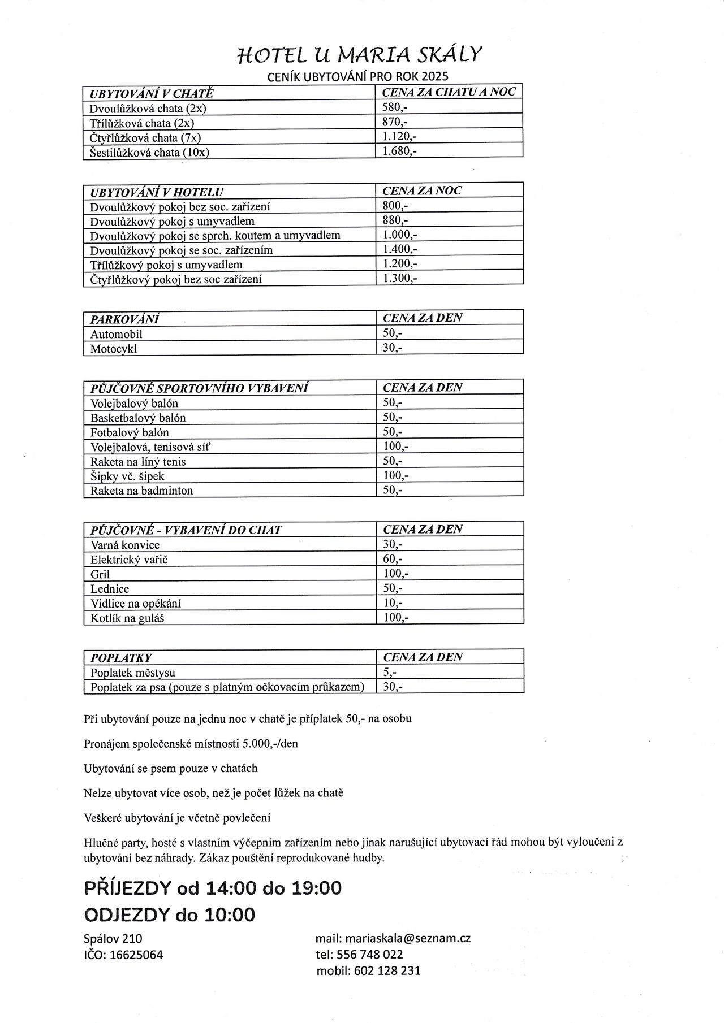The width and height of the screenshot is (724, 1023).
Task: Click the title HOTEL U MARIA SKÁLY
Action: pos(360,55)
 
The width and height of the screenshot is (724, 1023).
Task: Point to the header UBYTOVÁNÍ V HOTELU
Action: pos(157,192)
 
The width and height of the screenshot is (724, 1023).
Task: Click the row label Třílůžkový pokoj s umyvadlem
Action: pos(166,265)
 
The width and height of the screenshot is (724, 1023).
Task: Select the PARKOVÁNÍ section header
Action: pos(124,319)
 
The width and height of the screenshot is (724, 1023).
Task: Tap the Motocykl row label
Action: pos(114,349)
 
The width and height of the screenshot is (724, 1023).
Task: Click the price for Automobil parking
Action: pos(393,333)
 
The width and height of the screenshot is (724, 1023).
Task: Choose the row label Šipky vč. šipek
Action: pos(127,476)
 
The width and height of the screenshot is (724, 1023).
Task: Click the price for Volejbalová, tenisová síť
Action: pos(396,447)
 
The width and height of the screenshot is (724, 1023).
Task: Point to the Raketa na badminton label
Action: pos(141,491)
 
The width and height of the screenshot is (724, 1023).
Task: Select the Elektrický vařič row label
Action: pos(129,560)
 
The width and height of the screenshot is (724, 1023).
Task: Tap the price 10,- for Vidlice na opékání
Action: pos(393,603)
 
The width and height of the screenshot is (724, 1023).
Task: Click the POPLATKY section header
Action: pos(121,658)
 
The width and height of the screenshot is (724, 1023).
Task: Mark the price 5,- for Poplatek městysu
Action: pos(390,672)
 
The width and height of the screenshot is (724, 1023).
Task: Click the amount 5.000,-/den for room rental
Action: pos(270,744)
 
